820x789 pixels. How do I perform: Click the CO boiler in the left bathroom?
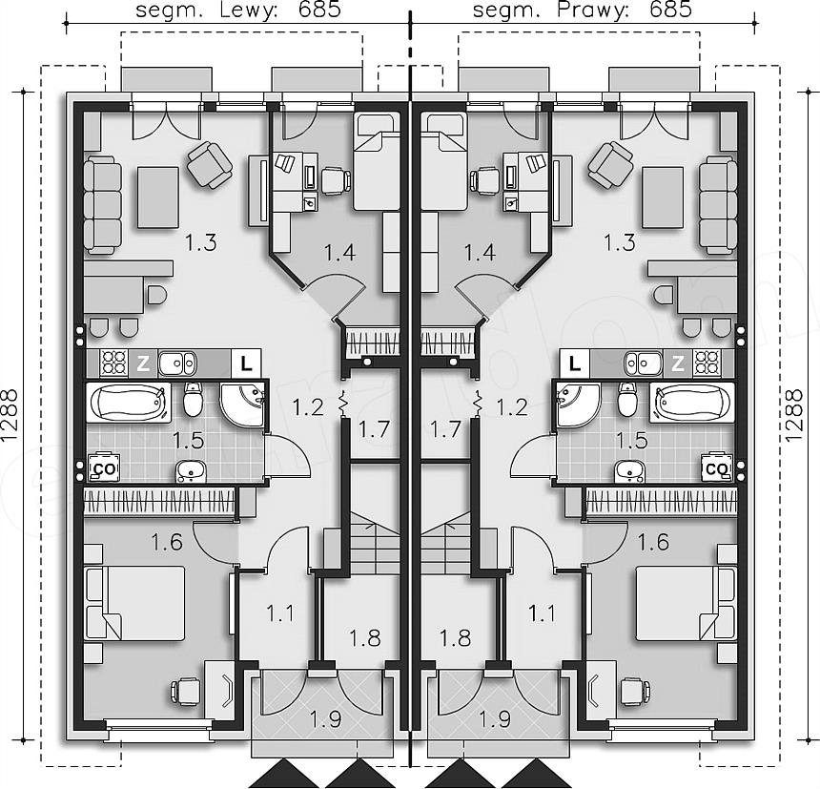tap(105, 467)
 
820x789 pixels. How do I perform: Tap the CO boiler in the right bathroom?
tap(716, 467)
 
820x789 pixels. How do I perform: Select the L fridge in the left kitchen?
tap(246, 363)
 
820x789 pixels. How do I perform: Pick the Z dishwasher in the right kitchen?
tap(678, 363)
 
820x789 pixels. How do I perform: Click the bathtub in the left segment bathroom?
tap(128, 403)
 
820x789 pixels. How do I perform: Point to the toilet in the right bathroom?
tap(627, 399)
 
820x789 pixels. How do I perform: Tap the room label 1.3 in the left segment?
tap(200, 242)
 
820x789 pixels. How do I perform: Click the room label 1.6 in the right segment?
tap(653, 542)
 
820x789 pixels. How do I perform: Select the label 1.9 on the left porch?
tap(325, 720)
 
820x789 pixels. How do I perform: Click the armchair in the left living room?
tap(210, 165)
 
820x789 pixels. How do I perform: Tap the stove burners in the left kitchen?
tap(114, 363)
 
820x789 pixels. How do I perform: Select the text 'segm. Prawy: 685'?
tap(583, 10)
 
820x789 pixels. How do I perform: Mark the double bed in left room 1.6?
tap(135, 603)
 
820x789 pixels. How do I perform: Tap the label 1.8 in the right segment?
tap(455, 638)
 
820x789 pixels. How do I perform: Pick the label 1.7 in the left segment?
tap(374, 429)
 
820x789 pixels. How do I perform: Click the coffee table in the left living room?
tap(158, 197)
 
